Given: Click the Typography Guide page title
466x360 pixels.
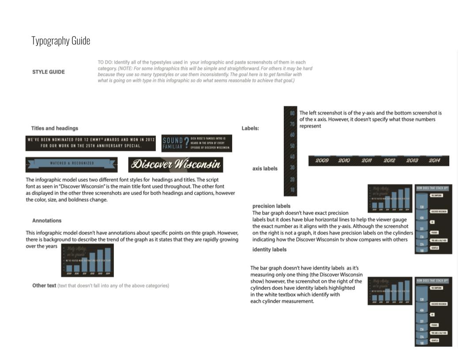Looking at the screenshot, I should pyautogui.click(x=61, y=41).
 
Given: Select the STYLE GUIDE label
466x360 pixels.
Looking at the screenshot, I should pyautogui.click(x=49, y=72).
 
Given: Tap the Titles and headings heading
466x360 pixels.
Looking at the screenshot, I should pyautogui.click(x=54, y=128).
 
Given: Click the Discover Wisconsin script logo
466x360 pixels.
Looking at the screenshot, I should pyautogui.click(x=176, y=165).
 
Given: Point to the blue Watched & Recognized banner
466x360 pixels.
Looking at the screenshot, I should pyautogui.click(x=71, y=164).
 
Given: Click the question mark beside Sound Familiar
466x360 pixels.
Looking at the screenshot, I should pyautogui.click(x=186, y=143).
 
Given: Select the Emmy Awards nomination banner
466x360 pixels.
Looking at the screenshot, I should pyautogui.click(x=91, y=143).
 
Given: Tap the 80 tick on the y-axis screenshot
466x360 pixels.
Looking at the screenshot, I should pyautogui.click(x=292, y=113).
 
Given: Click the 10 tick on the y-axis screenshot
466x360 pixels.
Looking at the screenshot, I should pyautogui.click(x=292, y=190).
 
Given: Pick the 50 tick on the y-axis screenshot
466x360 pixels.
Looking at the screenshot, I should pyautogui.click(x=292, y=146).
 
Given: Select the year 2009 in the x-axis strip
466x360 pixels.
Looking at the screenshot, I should pyautogui.click(x=322, y=161).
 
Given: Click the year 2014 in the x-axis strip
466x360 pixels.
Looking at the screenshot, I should pyautogui.click(x=434, y=161).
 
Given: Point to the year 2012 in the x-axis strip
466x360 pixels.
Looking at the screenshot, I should pyautogui.click(x=389, y=161).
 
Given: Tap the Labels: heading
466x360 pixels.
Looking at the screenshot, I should pyautogui.click(x=250, y=128).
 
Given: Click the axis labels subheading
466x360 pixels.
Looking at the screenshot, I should pyautogui.click(x=265, y=169).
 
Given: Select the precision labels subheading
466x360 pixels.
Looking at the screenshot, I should pyautogui.click(x=271, y=206).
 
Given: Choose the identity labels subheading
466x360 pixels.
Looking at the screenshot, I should pyautogui.click(x=269, y=250).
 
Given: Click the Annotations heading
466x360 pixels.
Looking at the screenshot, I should pyautogui.click(x=47, y=221).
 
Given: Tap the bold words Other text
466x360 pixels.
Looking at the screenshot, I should pyautogui.click(x=44, y=286).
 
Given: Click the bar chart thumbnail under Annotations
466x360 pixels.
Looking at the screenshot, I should pyautogui.click(x=87, y=260).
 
